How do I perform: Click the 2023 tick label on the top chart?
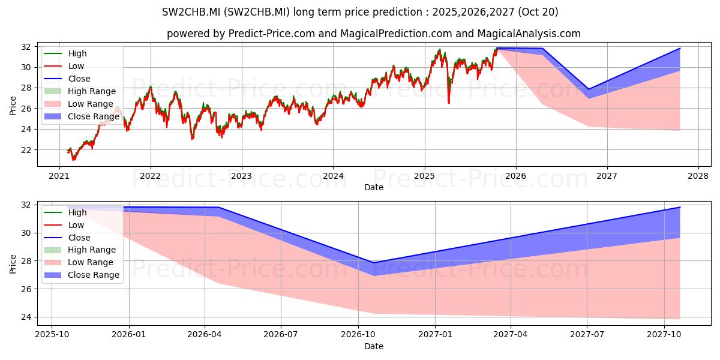point(241,176)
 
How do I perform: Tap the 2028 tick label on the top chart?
point(698,176)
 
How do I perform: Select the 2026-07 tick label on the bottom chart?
point(281,335)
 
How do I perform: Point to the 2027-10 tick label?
point(664,335)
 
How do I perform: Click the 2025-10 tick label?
point(52,335)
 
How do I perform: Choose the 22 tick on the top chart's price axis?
point(26,150)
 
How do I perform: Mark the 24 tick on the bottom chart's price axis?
point(26,317)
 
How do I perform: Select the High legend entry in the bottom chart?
point(65,212)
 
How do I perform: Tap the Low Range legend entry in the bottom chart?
point(79,263)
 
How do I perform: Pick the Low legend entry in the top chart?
point(64,66)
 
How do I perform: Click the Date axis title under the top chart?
point(374,187)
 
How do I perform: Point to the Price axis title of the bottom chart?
point(13,264)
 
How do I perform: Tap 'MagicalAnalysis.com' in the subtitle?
point(529,34)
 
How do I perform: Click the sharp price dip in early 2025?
point(449,103)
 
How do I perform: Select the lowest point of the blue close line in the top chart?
point(589,89)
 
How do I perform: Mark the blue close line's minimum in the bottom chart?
point(374,263)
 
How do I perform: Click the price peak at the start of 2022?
point(151,87)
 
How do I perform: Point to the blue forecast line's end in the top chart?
point(680,48)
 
